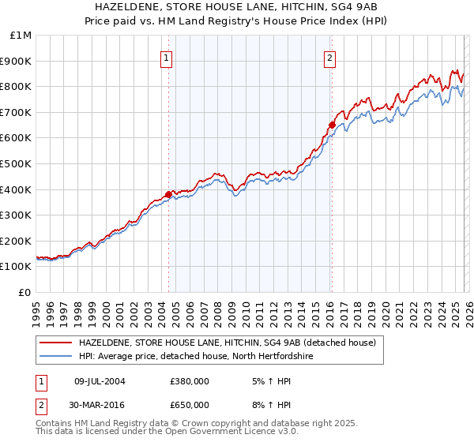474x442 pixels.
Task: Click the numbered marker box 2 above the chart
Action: click(329, 57)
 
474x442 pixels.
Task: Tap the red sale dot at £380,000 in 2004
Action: click(168, 194)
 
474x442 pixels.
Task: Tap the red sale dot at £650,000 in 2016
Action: click(332, 124)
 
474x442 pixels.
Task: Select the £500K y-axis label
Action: click(17, 164)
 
